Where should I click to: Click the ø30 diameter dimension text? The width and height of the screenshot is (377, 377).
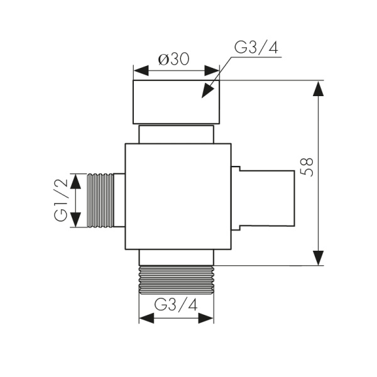coord(175,59)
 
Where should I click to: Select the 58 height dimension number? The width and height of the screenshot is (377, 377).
coord(307,170)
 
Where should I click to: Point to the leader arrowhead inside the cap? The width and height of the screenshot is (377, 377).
coord(205,92)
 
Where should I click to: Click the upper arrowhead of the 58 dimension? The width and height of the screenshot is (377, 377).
coord(319,90)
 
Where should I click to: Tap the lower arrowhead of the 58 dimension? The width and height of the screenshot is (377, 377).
coord(319,256)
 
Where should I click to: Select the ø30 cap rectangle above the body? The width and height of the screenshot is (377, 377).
coord(176,102)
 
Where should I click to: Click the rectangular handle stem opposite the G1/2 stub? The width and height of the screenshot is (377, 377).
coord(267,197)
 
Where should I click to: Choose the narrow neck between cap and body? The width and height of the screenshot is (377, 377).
coord(177,134)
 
